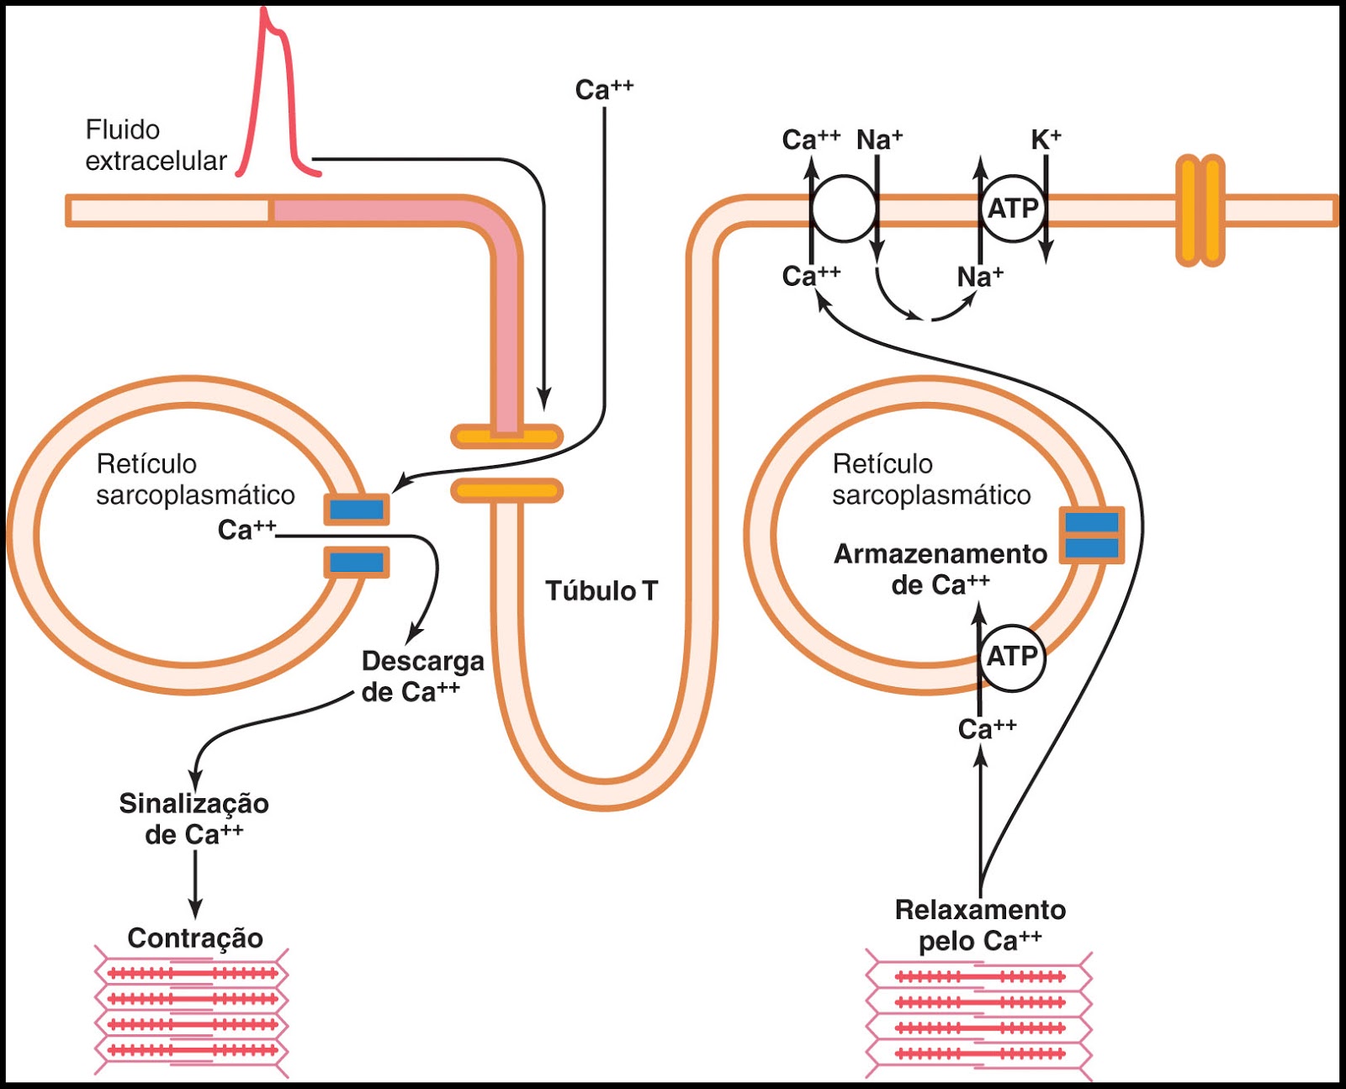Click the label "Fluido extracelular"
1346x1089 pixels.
[x=156, y=145]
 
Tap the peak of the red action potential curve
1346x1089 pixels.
[x=265, y=12]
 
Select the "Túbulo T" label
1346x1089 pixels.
[x=601, y=591]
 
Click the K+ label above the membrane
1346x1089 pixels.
[x=1046, y=140]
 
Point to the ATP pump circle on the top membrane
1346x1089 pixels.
[x=1013, y=208]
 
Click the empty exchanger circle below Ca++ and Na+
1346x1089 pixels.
[x=844, y=209]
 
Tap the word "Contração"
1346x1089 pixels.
[x=195, y=938]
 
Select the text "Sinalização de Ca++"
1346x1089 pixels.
[x=194, y=818]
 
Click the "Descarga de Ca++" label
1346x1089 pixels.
[x=422, y=676]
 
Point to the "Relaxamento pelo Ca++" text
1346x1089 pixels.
[x=980, y=925]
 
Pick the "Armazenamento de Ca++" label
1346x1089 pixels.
[x=941, y=569]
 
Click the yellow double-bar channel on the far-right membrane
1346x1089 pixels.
[x=1200, y=210]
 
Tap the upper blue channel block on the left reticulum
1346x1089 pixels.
[x=357, y=510]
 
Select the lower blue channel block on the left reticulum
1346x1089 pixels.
[x=357, y=562]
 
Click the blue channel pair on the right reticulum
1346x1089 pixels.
[x=1092, y=536]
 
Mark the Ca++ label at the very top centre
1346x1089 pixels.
[x=604, y=89]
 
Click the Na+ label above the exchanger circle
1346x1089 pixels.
[x=879, y=140]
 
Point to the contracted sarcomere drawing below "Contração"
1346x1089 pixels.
[x=192, y=1012]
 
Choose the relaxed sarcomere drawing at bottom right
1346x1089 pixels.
[x=979, y=1015]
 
